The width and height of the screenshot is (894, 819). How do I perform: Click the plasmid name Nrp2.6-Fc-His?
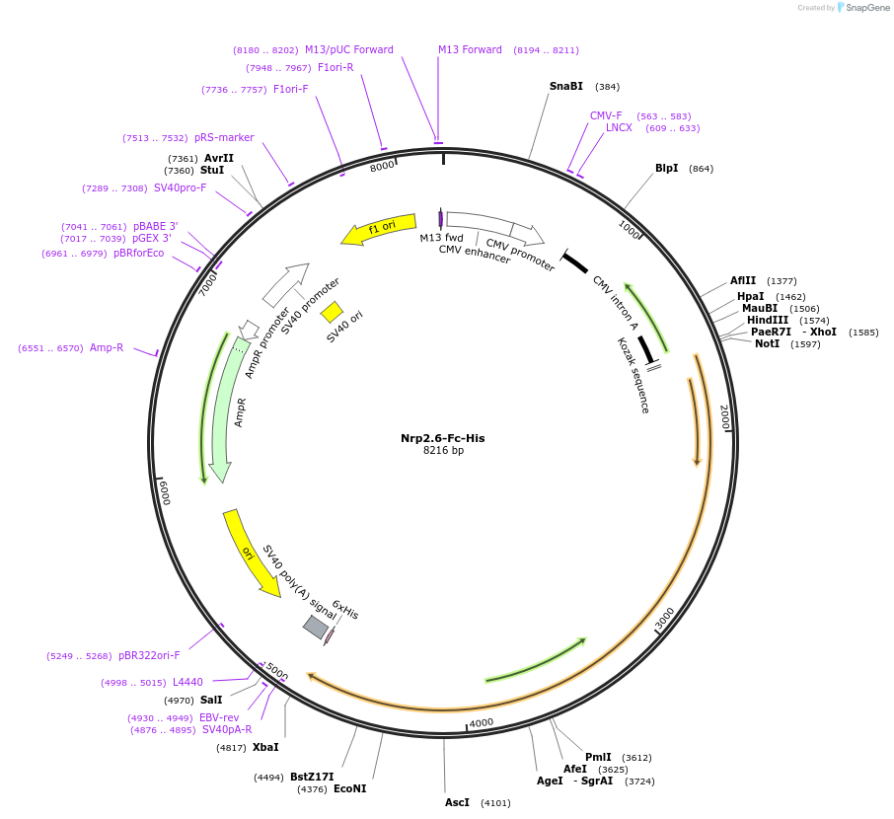(x=442, y=438)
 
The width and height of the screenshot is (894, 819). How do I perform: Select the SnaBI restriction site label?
(x=565, y=86)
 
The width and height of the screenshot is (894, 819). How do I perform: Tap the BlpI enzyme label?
(x=666, y=168)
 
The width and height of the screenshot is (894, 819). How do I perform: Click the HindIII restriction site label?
(x=768, y=320)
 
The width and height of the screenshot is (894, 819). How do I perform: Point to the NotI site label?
(x=767, y=343)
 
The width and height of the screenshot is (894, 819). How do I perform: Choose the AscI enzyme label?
(x=457, y=802)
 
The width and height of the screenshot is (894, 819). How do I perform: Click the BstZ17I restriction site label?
(x=312, y=777)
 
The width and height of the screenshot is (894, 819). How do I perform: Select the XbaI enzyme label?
(x=265, y=747)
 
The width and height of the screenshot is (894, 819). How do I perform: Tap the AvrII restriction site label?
(x=219, y=158)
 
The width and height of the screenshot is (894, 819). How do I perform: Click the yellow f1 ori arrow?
(x=379, y=230)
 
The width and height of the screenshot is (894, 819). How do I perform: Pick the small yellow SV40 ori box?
(x=331, y=312)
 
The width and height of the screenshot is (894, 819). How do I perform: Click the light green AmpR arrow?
(x=226, y=414)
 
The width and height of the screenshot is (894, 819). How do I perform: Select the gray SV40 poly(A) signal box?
(x=315, y=627)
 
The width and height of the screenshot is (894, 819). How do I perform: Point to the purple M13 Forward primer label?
(x=470, y=49)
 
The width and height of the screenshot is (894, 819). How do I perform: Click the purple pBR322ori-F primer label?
(x=149, y=655)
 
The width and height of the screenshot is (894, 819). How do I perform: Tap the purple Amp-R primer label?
(x=107, y=347)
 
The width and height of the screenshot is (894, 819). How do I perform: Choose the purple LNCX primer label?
(x=619, y=127)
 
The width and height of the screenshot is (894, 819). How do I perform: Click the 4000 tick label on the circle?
(x=481, y=723)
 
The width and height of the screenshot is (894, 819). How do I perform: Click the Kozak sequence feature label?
(x=633, y=375)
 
